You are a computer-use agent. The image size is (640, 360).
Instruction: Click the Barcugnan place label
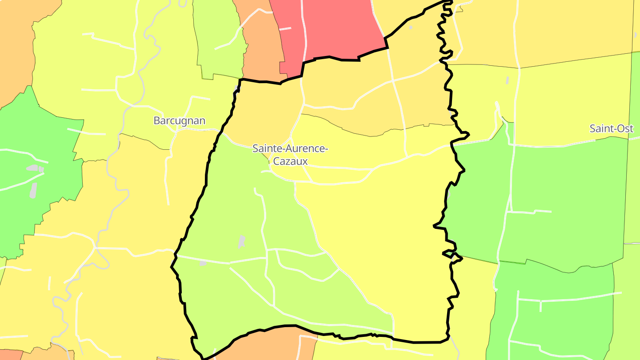coord(180,120)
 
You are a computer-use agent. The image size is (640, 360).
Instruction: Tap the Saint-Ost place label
coord(611,128)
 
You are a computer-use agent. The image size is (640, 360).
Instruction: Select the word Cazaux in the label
coord(290,161)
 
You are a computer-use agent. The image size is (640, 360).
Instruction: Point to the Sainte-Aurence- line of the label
coord(290,148)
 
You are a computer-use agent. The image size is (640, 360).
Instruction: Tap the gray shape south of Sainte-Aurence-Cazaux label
coord(241,242)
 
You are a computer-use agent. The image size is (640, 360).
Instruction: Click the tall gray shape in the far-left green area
coord(33,190)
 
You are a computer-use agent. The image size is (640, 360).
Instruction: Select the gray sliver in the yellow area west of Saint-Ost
coord(507,80)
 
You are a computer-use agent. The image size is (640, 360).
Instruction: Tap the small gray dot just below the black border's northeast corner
coord(411,28)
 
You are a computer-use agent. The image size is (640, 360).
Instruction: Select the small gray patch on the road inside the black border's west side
coord(203,264)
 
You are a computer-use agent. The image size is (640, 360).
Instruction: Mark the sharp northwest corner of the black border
coord(240,80)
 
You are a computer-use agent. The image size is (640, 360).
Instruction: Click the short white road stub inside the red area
coord(285,28)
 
